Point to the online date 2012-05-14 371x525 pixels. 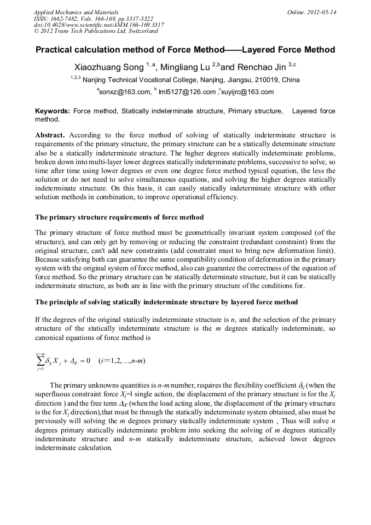pyautogui.click(x=321, y=11)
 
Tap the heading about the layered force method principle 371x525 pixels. pyautogui.click(x=166, y=302)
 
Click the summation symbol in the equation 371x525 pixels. pyautogui.click(x=40, y=361)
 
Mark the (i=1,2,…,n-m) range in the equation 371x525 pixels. pyautogui.click(x=121, y=361)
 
